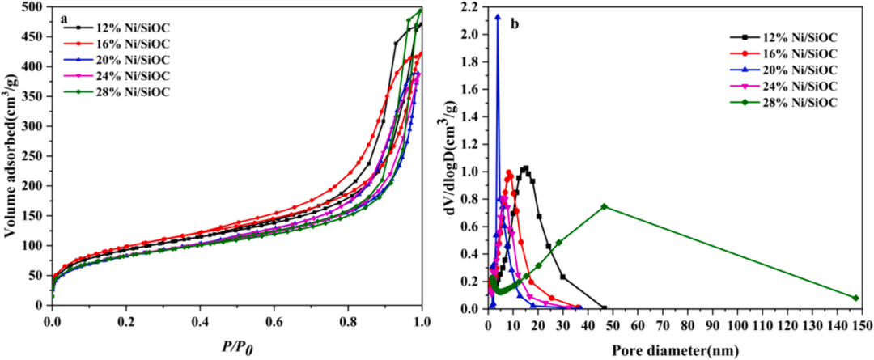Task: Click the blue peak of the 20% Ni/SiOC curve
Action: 498,16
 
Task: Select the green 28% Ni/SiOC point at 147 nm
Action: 855,298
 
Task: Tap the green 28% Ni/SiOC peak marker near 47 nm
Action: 604,206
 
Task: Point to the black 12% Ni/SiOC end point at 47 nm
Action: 604,308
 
